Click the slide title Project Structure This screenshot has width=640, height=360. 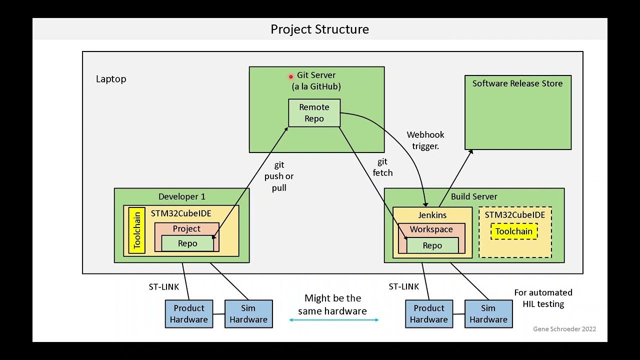319,29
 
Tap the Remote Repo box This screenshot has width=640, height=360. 314,113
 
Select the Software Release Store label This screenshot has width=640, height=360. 517,83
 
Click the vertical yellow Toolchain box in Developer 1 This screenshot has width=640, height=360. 137,230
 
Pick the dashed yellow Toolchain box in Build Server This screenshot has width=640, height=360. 514,231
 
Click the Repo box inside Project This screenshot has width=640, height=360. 187,243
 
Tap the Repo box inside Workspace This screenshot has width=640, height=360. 432,245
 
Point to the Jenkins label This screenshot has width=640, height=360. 432,215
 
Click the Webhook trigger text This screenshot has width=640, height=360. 425,140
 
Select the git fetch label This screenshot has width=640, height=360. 382,167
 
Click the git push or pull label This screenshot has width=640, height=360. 279,176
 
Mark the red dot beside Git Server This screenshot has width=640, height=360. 290,76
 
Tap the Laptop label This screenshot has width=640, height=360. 111,79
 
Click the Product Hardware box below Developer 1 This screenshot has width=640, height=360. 189,314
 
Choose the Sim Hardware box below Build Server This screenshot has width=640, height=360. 488,314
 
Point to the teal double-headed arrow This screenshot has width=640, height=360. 333,320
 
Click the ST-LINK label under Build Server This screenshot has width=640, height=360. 403,286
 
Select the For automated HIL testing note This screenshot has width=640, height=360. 543,298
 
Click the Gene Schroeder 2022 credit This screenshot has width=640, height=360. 564,328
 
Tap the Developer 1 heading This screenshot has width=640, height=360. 182,196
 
